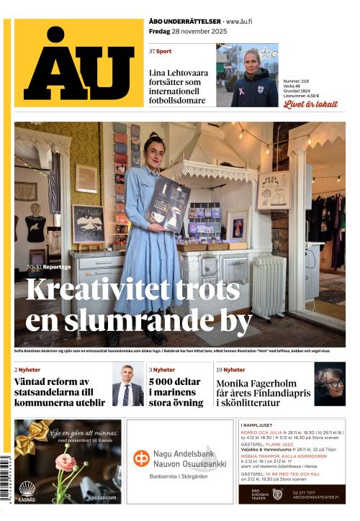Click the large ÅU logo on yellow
[79, 65]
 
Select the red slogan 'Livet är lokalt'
[310, 104]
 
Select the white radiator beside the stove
[269, 286]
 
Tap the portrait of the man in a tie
[127, 385]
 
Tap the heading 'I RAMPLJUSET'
[260, 425]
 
